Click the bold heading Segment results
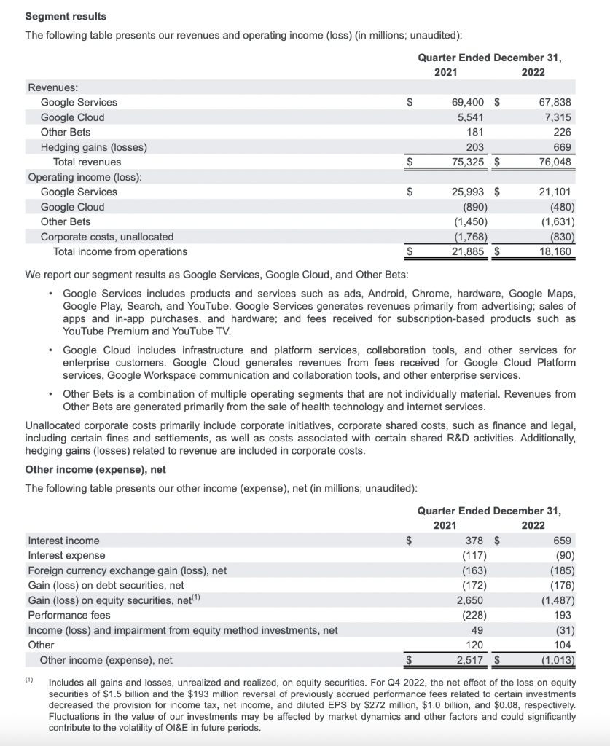[x=66, y=16]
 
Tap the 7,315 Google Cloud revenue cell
[x=558, y=117]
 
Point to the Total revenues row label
[x=87, y=162]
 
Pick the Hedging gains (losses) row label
[x=93, y=147]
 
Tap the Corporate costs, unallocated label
[x=106, y=237]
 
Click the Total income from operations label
[x=120, y=251]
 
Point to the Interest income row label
[x=63, y=541]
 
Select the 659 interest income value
[x=563, y=541]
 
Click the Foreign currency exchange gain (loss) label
[x=127, y=570]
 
